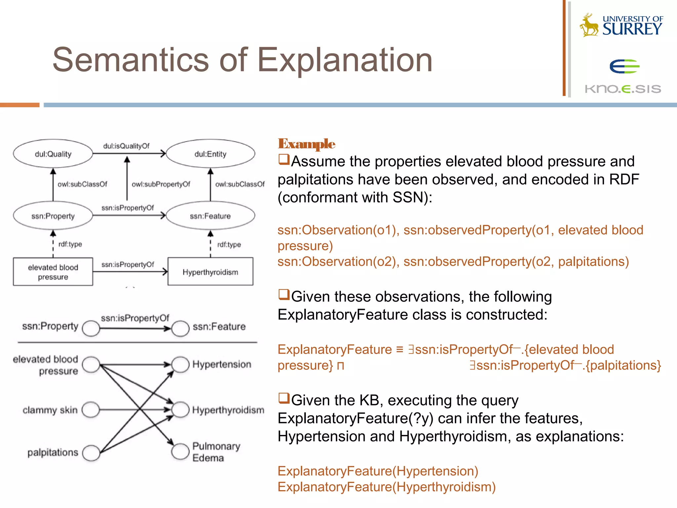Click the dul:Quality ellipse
coord(53,154)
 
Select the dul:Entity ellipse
coord(211,154)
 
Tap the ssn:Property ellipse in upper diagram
coord(53,216)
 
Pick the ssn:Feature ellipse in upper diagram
coord(211,216)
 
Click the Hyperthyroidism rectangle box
coord(211,272)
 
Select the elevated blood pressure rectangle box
coord(53,272)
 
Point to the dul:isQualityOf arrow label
coord(126,146)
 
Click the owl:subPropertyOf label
coord(161,184)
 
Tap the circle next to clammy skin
coord(91,410)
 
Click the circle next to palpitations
coord(91,453)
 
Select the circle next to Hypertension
coord(180,364)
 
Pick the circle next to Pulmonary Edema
coord(180,451)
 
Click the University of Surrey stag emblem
coord(589,25)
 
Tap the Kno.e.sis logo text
coord(623,89)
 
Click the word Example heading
coord(306,144)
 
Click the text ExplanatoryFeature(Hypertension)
coord(378,471)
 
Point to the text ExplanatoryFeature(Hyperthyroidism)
coord(386,487)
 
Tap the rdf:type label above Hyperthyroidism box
coord(229,245)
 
